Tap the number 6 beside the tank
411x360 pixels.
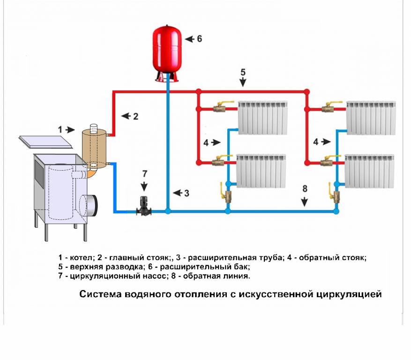[199, 39]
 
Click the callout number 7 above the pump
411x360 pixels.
[144, 174]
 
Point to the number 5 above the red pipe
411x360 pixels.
[243, 72]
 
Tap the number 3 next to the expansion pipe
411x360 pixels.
[186, 193]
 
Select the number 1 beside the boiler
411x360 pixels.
[60, 129]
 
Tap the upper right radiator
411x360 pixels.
[371, 117]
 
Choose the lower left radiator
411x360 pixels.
[262, 171]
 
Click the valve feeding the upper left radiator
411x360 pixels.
[220, 109]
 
